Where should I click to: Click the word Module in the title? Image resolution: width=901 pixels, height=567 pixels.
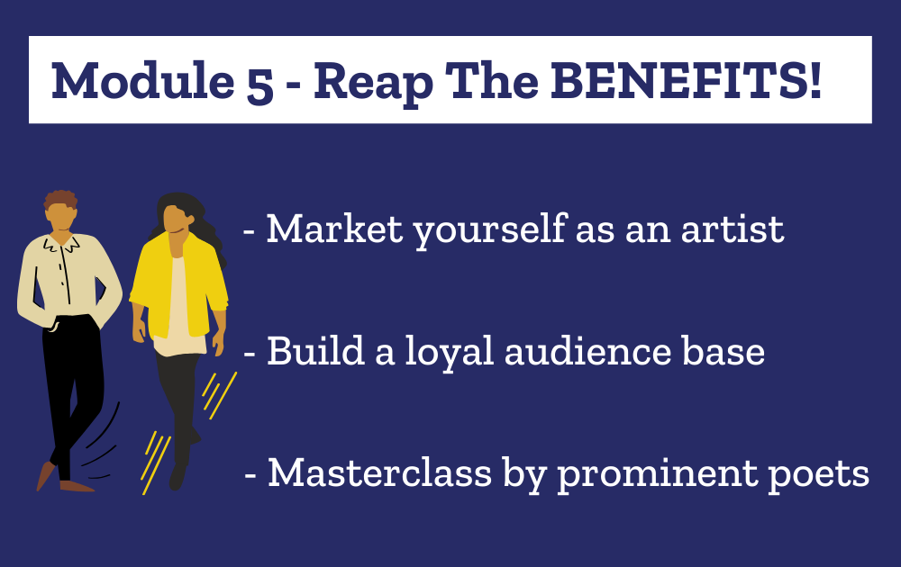(x=143, y=80)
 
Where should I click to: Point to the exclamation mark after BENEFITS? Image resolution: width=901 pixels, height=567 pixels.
(x=815, y=80)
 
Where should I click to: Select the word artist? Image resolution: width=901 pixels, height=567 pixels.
(x=732, y=229)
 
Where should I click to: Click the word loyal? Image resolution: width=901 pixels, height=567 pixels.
(x=450, y=351)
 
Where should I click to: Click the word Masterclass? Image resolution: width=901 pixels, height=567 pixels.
(x=380, y=472)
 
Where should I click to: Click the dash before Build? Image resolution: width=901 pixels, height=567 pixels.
(x=250, y=354)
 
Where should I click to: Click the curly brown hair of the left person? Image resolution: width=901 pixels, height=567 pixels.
(x=61, y=199)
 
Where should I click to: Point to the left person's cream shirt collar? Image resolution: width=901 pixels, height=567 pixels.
(x=61, y=244)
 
